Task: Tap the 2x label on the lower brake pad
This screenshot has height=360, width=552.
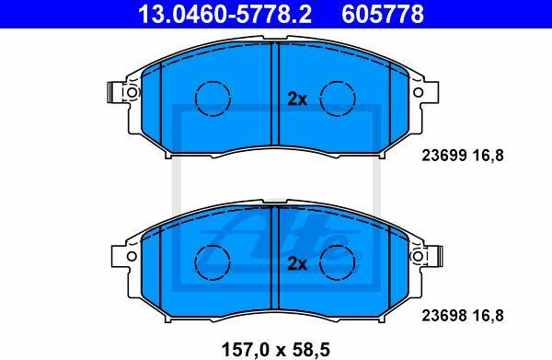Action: pyautogui.click(x=296, y=263)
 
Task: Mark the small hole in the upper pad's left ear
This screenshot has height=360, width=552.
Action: pyautogui.click(x=132, y=93)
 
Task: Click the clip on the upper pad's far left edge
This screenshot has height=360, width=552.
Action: pyautogui.click(x=113, y=93)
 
